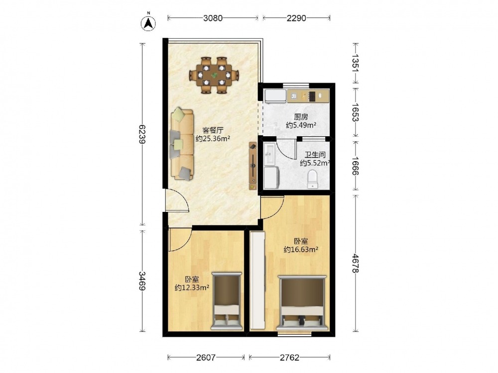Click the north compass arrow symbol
click(x=148, y=23)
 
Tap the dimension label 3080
click(x=213, y=18)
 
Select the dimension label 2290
click(x=296, y=18)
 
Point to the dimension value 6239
click(x=142, y=134)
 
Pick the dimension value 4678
click(x=356, y=264)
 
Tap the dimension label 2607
click(x=206, y=358)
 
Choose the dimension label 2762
click(x=290, y=358)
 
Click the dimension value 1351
click(x=356, y=63)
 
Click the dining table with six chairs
click(x=214, y=75)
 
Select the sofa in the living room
click(x=182, y=144)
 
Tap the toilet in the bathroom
click(x=313, y=179)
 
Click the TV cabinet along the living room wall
click(x=253, y=166)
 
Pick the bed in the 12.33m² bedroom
click(x=227, y=302)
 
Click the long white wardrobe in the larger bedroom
click(x=257, y=280)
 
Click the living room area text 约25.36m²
click(x=213, y=139)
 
